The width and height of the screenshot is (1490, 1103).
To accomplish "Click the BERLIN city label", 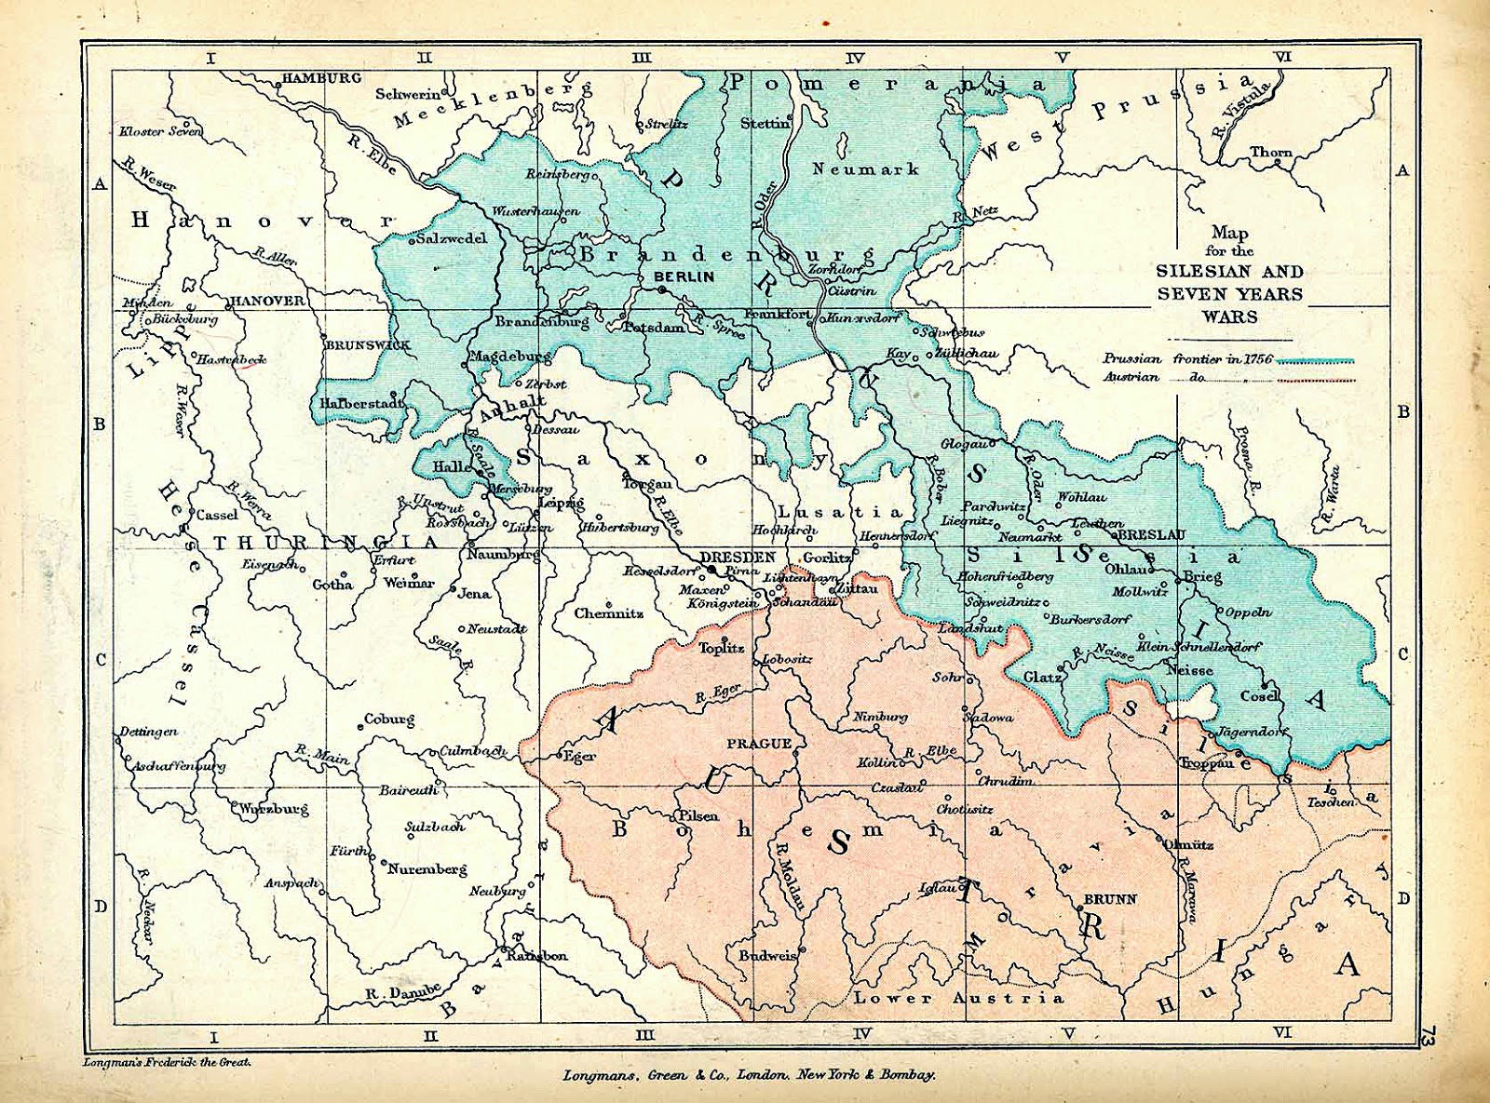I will click(684, 276).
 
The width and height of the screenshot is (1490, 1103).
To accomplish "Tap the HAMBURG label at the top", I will click(321, 78).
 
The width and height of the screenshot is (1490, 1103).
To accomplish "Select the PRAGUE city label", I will click(759, 744).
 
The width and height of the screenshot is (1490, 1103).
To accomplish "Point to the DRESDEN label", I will click(738, 557).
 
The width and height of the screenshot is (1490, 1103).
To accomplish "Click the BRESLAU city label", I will click(1152, 535).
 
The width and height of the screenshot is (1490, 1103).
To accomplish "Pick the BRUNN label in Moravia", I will click(1110, 899).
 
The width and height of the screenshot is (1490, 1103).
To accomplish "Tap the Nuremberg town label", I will click(427, 869).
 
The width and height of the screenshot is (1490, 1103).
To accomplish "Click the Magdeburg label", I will click(509, 356).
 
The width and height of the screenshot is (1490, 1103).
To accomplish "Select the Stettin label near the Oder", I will click(765, 123).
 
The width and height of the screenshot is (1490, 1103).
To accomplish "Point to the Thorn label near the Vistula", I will click(1271, 152).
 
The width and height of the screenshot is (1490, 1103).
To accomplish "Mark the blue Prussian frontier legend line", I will click(1315, 360).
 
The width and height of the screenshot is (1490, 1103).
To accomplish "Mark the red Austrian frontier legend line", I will click(1315, 379).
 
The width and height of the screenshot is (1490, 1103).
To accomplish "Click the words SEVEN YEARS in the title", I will click(1229, 294).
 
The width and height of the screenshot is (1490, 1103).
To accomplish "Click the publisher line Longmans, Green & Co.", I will click(749, 1075).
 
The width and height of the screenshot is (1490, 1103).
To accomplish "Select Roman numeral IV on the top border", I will click(855, 58).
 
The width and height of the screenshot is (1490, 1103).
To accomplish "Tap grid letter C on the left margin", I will click(101, 660).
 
